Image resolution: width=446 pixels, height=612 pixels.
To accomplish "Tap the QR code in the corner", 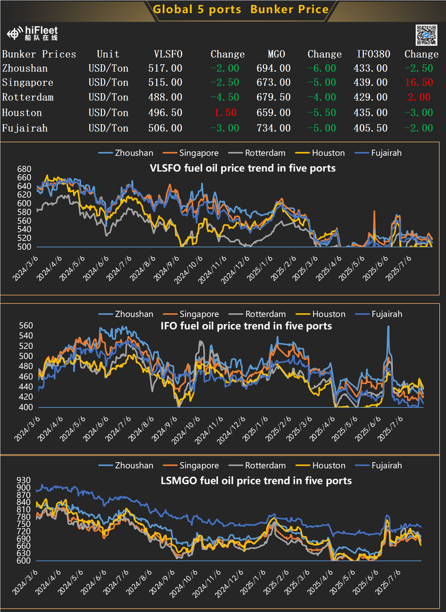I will (426, 35).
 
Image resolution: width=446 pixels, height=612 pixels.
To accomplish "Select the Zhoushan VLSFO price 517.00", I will (168, 68).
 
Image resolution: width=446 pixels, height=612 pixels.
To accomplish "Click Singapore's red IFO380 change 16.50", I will (419, 83).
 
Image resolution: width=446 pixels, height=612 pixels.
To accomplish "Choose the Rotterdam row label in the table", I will (28, 98).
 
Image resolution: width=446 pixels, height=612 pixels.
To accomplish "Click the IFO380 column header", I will (372, 54).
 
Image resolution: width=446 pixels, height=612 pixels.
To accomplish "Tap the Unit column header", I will (108, 54).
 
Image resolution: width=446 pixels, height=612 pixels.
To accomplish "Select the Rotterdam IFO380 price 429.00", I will (372, 98).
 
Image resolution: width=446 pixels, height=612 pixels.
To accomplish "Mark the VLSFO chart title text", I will (242, 168).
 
